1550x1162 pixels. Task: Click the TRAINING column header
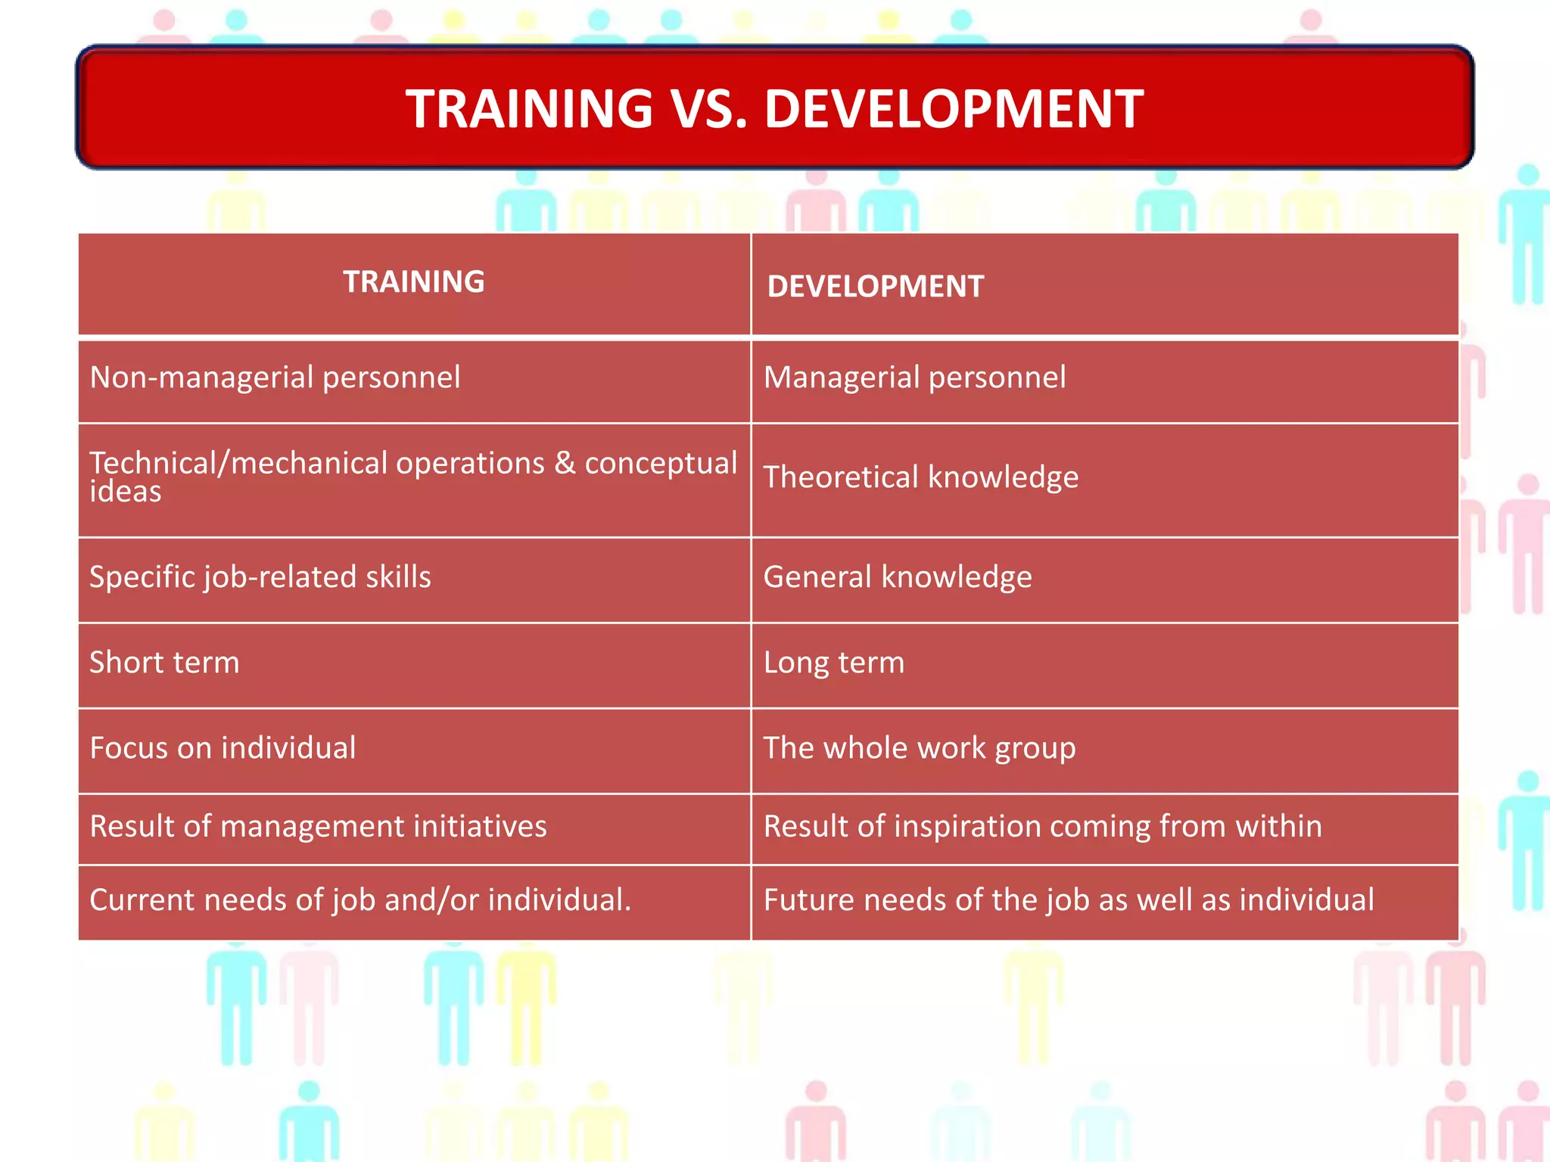(413, 281)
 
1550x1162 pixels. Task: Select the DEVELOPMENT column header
(875, 287)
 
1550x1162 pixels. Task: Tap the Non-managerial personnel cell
(275, 377)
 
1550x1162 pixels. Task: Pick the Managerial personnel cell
(914, 377)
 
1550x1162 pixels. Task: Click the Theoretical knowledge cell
(920, 477)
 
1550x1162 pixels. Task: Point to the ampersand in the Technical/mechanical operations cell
(564, 463)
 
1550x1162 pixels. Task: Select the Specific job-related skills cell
(260, 577)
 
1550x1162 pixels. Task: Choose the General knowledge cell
(897, 577)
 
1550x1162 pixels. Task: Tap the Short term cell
(164, 663)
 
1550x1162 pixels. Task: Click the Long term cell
(833, 663)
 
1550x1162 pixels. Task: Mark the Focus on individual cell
(223, 748)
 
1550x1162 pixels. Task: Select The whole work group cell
(919, 748)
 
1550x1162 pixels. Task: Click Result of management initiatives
(318, 826)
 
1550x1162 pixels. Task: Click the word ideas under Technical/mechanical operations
(125, 492)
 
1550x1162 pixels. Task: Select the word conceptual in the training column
(661, 463)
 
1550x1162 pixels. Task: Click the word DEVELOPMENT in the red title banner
(953, 109)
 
